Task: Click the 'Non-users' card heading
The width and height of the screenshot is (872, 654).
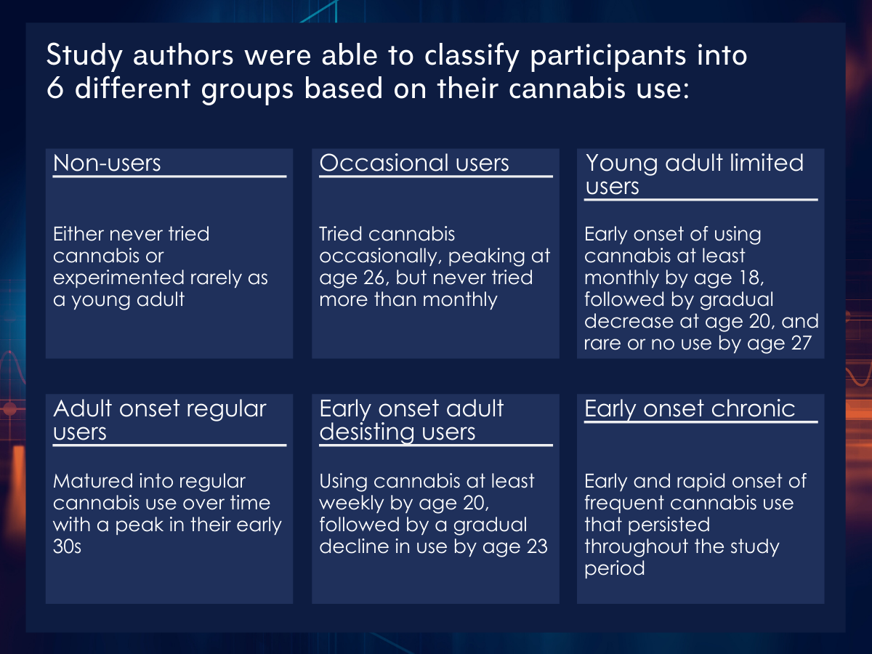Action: coord(107,163)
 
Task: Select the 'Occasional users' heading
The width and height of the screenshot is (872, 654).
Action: coord(414,163)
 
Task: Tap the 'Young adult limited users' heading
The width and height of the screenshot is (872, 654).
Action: coord(695,174)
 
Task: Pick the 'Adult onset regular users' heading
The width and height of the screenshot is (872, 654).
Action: coord(160,420)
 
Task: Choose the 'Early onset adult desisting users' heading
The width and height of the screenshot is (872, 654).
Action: coord(411,420)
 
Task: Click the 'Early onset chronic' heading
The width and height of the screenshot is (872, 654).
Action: coord(690,408)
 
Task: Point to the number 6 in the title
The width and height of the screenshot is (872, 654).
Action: coord(54,88)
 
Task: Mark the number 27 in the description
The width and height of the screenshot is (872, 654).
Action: coord(801,343)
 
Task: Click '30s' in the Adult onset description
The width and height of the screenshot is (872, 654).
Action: coord(67,546)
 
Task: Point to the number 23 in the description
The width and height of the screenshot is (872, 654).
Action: coord(537,546)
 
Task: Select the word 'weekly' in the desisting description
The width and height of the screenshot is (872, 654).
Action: coord(352,504)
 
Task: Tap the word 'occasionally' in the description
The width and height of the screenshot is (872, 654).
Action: coord(381,257)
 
